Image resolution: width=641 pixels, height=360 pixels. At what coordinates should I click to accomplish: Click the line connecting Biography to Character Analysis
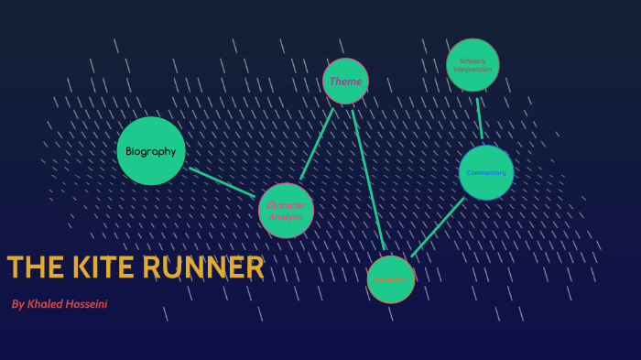tap(222, 181)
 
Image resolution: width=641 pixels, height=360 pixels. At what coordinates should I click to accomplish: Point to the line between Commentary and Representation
tap(437, 228)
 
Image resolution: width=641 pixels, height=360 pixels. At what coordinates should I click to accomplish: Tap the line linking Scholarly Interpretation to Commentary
tap(479, 117)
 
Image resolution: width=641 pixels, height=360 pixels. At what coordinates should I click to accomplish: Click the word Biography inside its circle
tap(151, 151)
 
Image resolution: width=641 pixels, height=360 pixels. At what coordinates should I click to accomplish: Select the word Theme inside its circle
tap(345, 82)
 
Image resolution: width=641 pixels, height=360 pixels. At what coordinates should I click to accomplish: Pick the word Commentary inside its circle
tap(486, 172)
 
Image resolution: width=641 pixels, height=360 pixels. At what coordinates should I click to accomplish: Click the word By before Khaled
tap(18, 303)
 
